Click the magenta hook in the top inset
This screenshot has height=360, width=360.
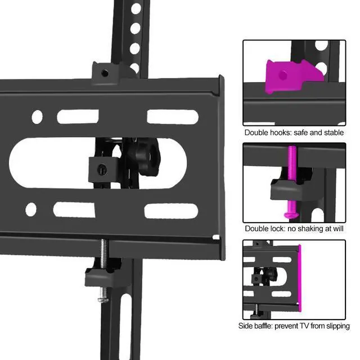(291, 76)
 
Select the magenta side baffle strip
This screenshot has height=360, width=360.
(299, 278)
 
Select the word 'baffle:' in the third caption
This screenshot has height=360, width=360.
(263, 326)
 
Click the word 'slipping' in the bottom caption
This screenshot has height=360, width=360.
(338, 326)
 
